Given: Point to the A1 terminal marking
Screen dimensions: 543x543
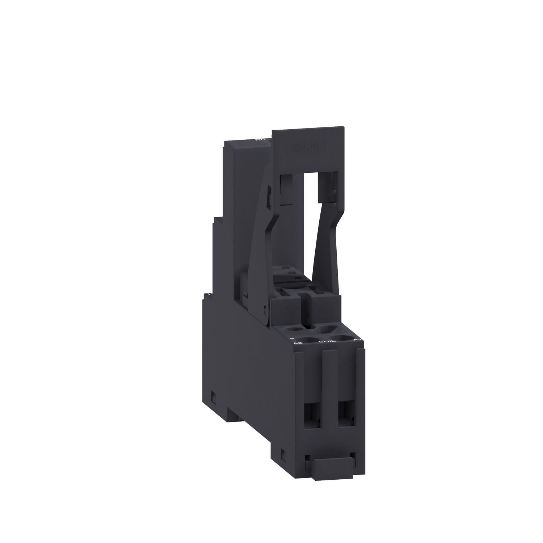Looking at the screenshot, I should point(356,340).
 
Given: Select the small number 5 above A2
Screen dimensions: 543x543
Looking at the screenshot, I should point(292,337).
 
